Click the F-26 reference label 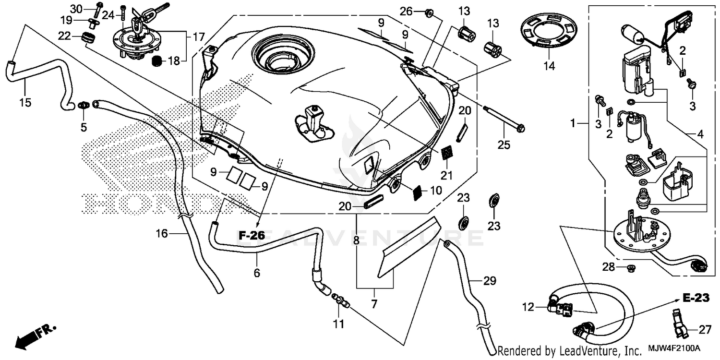[252, 235]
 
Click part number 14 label [549, 66]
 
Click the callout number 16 [162, 234]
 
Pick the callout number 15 [25, 102]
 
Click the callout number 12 [528, 306]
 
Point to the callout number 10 [436, 191]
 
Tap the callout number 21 [447, 176]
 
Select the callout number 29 [489, 281]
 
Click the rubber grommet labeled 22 [87, 37]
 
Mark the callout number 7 [374, 304]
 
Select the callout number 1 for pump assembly [572, 124]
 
